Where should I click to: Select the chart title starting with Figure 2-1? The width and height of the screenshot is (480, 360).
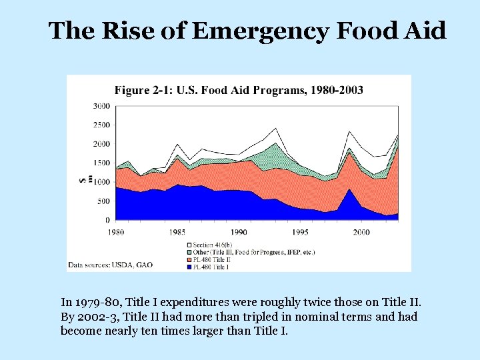tap(239, 90)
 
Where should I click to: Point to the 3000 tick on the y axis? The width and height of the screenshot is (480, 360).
tap(101, 106)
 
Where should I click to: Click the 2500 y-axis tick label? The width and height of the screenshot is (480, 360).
tap(101, 125)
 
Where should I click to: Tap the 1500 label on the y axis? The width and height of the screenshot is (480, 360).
tap(101, 163)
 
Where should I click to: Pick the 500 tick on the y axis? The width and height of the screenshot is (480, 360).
tap(103, 201)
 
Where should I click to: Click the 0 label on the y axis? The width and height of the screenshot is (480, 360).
tap(107, 220)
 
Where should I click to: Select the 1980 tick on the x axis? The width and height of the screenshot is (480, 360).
tap(116, 232)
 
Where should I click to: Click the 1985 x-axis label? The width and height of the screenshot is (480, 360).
tap(177, 232)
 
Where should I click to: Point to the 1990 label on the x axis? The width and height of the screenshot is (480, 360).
tap(239, 232)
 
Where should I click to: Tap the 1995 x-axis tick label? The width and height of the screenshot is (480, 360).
tap(300, 232)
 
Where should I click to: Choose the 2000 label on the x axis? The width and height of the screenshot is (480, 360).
tap(361, 232)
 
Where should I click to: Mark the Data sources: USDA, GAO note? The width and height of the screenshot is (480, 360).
tap(110, 265)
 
